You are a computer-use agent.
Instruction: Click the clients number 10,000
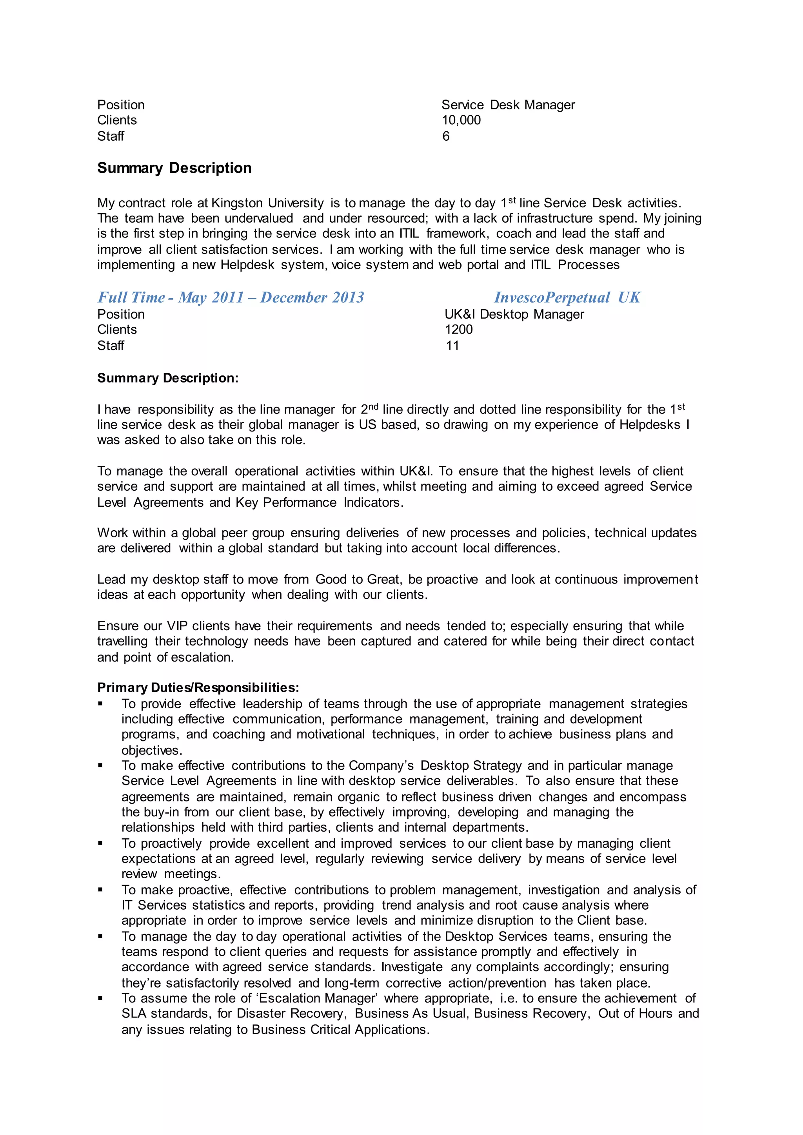[x=460, y=120]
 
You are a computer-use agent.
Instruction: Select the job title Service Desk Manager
[x=508, y=105]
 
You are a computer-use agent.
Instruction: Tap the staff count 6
[x=445, y=136]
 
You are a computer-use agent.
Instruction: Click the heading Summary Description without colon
[x=174, y=168]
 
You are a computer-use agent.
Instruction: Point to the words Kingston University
[x=267, y=203]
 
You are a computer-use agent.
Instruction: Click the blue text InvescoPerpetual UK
[x=567, y=297]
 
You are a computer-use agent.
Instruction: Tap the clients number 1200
[x=458, y=330]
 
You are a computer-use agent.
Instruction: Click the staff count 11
[x=452, y=346]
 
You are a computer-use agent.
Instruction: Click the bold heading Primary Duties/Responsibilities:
[x=198, y=688]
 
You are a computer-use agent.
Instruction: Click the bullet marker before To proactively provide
[x=100, y=843]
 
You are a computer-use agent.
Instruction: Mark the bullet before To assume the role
[x=100, y=998]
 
